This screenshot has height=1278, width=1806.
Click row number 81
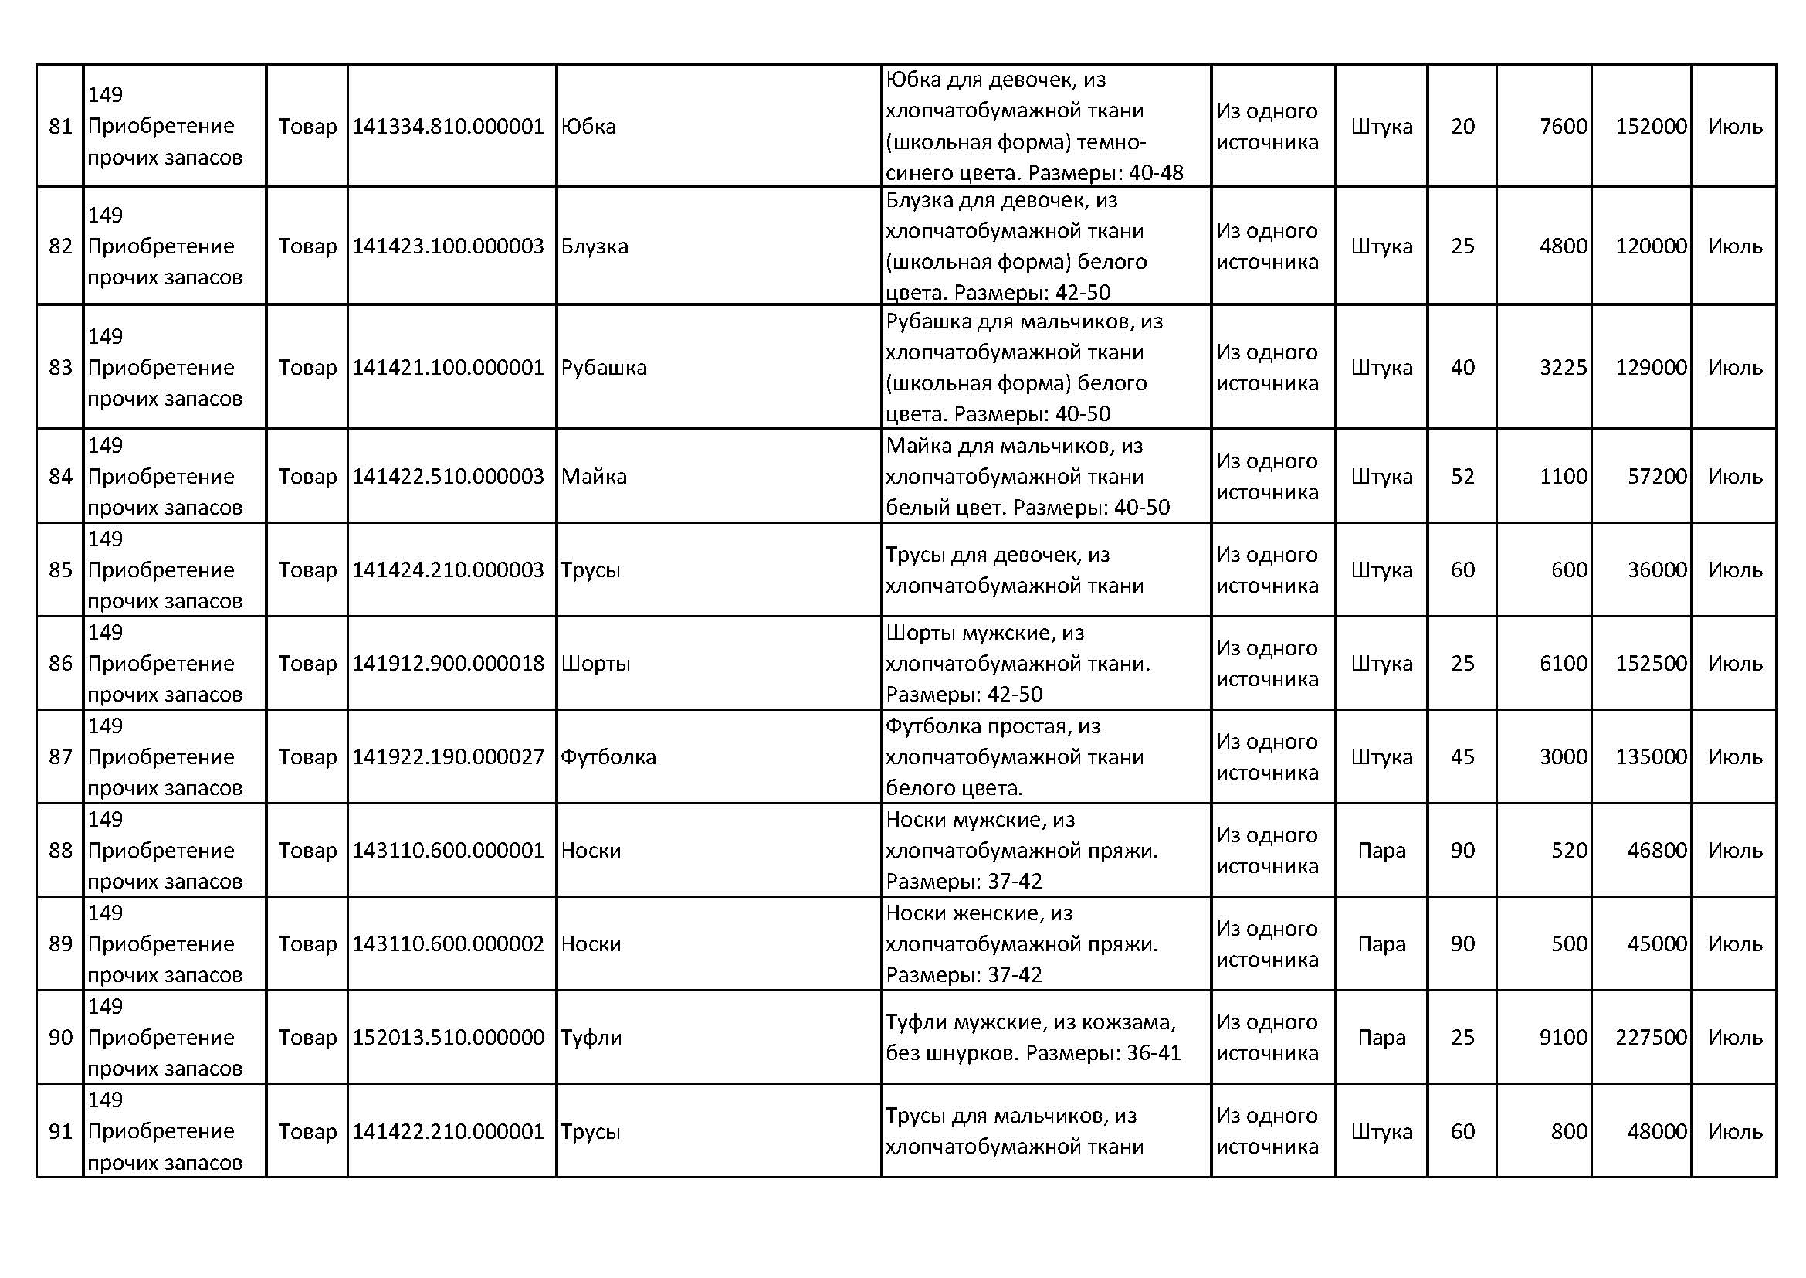pyautogui.click(x=60, y=126)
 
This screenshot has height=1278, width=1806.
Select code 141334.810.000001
pyautogui.click(x=448, y=126)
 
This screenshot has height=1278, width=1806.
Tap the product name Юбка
pyautogui.click(x=588, y=126)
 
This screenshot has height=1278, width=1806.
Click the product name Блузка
pyautogui.click(x=595, y=246)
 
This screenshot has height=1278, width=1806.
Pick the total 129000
pyautogui.click(x=1651, y=368)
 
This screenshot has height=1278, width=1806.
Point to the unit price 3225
pyautogui.click(x=1563, y=368)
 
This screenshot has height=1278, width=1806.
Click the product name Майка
pyautogui.click(x=594, y=477)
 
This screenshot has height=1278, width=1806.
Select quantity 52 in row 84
pyautogui.click(x=1462, y=477)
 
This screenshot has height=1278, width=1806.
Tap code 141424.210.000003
pyautogui.click(x=448, y=569)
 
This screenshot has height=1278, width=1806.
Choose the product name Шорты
pyautogui.click(x=595, y=664)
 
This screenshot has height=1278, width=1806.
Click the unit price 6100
pyautogui.click(x=1563, y=664)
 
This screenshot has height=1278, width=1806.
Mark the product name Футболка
pyautogui.click(x=608, y=757)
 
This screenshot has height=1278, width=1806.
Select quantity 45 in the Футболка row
pyautogui.click(x=1462, y=757)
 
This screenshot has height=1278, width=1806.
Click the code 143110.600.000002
pyautogui.click(x=448, y=943)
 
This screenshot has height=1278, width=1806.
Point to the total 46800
pyautogui.click(x=1656, y=851)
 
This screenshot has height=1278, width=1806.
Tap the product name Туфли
pyautogui.click(x=591, y=1037)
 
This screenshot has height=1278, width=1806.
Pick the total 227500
pyautogui.click(x=1651, y=1037)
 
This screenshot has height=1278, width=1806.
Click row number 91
pyautogui.click(x=60, y=1132)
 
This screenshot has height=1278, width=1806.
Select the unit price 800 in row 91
pyautogui.click(x=1568, y=1132)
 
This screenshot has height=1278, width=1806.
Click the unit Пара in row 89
pyautogui.click(x=1381, y=943)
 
